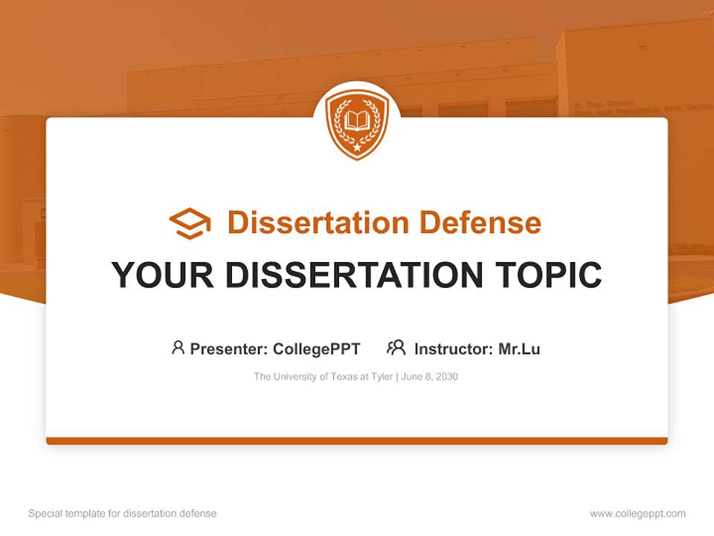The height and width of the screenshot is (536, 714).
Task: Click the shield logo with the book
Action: click(x=357, y=123)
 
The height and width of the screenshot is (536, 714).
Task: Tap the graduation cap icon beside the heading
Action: click(x=190, y=223)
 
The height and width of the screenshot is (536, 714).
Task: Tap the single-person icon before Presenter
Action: click(x=178, y=348)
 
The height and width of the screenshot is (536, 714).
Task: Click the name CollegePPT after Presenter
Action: click(x=316, y=348)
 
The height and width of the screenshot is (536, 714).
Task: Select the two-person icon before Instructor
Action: click(x=396, y=348)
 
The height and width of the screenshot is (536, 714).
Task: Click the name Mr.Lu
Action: click(x=519, y=348)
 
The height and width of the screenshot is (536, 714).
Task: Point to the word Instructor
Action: click(x=453, y=348)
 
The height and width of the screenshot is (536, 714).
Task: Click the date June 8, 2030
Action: click(x=430, y=377)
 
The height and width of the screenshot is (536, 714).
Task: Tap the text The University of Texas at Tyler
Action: click(x=323, y=377)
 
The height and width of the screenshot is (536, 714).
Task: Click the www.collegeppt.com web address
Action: click(x=637, y=514)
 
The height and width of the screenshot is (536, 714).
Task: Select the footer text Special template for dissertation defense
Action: click(x=122, y=514)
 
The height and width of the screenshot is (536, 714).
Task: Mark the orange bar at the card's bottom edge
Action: click(x=357, y=441)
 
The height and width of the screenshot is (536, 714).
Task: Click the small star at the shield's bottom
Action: click(x=357, y=147)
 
